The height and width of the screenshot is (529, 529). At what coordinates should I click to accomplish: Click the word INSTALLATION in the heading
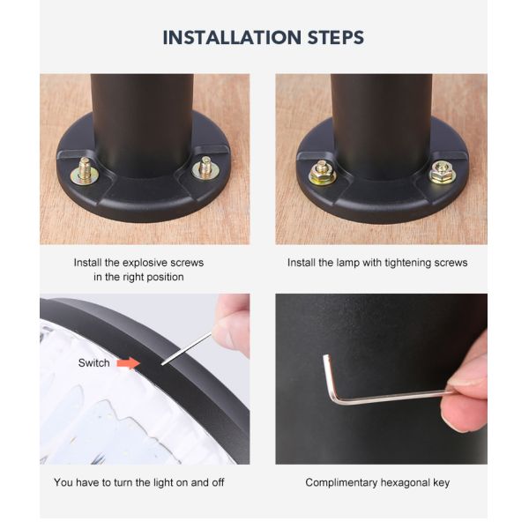232,37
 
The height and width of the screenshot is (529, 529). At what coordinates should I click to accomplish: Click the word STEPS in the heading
336,37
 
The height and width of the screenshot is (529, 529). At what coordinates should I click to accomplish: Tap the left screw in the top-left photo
85,171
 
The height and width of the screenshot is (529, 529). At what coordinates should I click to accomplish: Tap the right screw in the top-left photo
205,168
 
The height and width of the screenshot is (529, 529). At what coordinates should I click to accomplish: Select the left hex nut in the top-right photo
322,172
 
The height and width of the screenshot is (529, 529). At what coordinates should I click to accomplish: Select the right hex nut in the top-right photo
443,172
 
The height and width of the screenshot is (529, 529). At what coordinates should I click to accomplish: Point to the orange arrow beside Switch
128,363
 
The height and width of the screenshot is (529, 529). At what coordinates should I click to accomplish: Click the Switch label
93,363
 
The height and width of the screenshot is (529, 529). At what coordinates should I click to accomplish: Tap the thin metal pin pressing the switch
186,349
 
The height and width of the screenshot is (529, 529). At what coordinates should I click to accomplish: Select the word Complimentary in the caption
341,483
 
